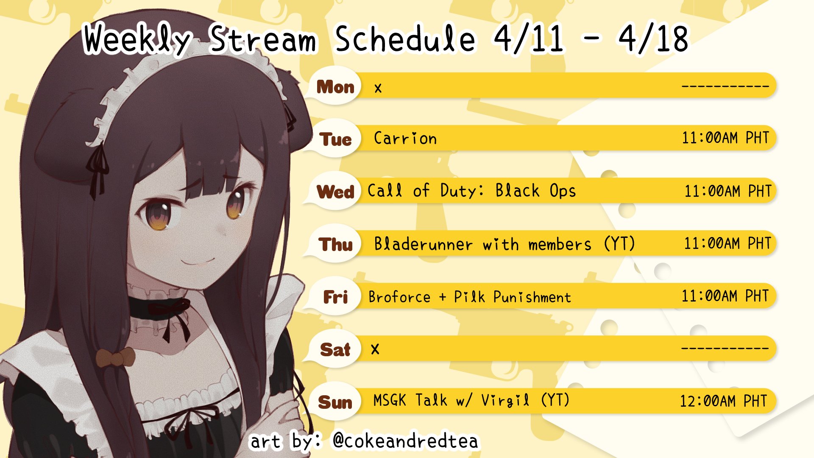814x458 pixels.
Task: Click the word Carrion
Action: pyautogui.click(x=405, y=138)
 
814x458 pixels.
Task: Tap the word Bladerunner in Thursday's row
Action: pyautogui.click(x=423, y=244)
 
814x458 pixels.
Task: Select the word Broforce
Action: pyautogui.click(x=399, y=297)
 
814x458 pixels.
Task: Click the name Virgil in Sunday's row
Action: pyautogui.click(x=505, y=400)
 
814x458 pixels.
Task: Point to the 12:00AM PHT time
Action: pyautogui.click(x=723, y=401)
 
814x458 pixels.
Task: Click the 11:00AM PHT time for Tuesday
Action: pyautogui.click(x=725, y=138)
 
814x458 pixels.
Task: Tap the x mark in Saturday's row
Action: pyautogui.click(x=375, y=349)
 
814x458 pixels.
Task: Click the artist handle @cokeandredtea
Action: pyautogui.click(x=406, y=441)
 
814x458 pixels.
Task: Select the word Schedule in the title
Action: pyautogui.click(x=405, y=39)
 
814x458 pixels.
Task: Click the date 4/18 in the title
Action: pyautogui.click(x=653, y=39)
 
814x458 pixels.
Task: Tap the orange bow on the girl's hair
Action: pyautogui.click(x=115, y=357)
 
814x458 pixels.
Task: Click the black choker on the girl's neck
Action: pyautogui.click(x=159, y=308)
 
